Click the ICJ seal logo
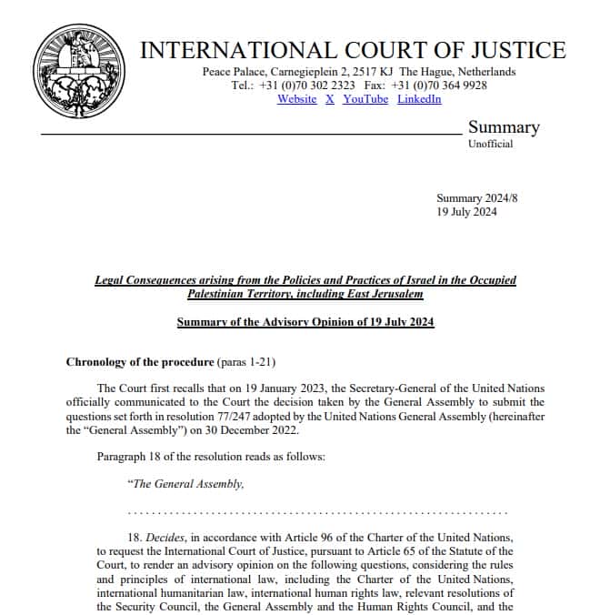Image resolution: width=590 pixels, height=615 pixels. [x=75, y=72]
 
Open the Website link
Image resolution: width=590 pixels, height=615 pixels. [x=296, y=99]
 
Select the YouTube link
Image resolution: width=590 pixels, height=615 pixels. [x=365, y=99]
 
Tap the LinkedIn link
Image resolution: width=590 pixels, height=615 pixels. [x=419, y=99]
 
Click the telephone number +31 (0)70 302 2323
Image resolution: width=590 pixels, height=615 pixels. [x=306, y=86]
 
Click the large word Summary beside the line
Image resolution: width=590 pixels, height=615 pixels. [x=504, y=127]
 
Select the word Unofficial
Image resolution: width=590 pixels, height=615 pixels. [x=490, y=144]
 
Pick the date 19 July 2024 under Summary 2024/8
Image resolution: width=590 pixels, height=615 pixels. [x=466, y=212]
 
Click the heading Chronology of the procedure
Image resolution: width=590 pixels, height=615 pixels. [x=153, y=362]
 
